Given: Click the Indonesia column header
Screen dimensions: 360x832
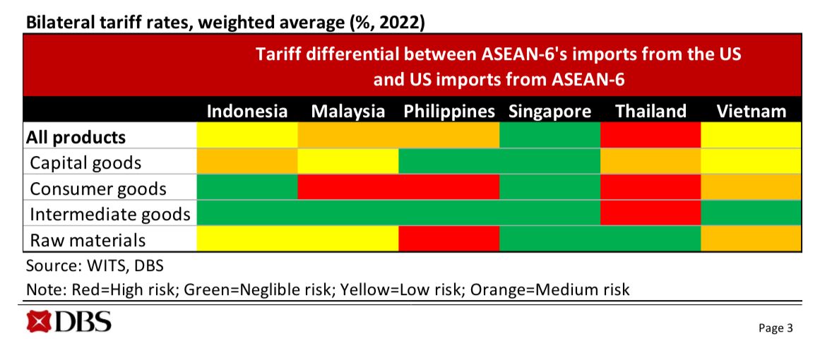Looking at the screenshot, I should point(247,111).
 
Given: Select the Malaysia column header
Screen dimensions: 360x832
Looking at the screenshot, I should point(348,111).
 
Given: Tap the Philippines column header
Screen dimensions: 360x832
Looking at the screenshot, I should point(449,111).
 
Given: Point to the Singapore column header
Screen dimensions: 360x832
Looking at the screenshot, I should point(549,111).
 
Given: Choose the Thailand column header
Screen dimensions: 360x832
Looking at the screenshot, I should point(650,111).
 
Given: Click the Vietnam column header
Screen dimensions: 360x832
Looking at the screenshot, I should point(751,111).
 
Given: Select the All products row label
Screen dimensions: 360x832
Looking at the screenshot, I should point(76,136).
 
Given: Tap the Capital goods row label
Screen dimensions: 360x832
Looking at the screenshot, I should point(85,162).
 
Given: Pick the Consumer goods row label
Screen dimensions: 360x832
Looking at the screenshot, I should point(98,188).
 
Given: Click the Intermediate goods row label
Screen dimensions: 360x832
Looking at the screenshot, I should point(110,214).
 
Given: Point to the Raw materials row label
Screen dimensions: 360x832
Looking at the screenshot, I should point(88,240).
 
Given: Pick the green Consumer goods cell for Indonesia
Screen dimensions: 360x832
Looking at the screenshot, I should point(247,188).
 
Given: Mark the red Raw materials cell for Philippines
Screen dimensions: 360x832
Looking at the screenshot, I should point(449,239).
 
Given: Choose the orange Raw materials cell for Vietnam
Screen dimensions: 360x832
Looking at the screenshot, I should point(751,239).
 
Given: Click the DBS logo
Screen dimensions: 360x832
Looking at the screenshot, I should point(69,322).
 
